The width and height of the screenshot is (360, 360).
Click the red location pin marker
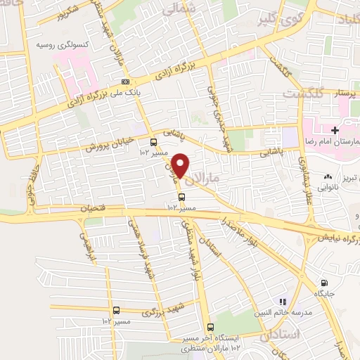click(x=181, y=166)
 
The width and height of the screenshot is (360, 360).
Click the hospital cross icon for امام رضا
click(x=335, y=131)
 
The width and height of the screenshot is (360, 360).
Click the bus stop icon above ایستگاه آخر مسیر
click(x=210, y=327)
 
